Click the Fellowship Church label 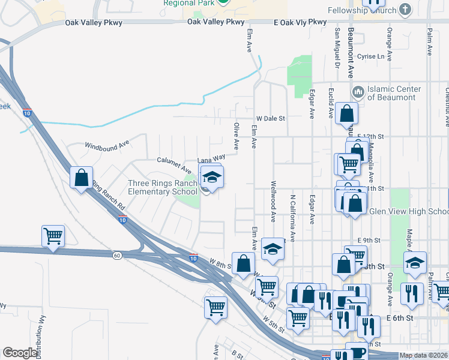tap(361, 10)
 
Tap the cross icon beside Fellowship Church tap(405, 10)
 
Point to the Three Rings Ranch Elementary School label tap(162, 187)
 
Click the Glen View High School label tap(409, 211)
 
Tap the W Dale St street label tap(270, 119)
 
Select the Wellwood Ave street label tap(273, 201)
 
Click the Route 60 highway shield tap(117, 255)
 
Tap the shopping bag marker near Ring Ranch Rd tap(81, 178)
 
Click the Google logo tap(20, 353)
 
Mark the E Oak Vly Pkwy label tap(300, 22)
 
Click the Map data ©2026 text tap(423, 355)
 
